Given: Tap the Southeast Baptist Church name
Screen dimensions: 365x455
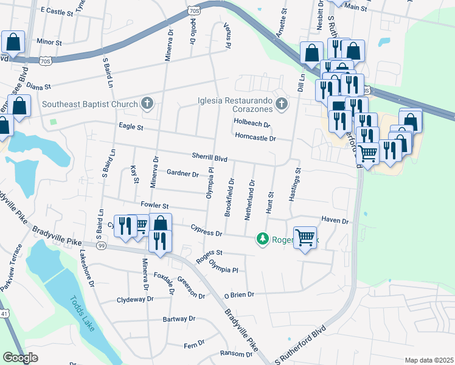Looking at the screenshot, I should pos(90,104).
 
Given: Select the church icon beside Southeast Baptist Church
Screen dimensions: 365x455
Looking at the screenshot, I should pos(147,104).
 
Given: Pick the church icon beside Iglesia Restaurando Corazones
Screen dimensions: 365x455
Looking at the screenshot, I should pos(280,104).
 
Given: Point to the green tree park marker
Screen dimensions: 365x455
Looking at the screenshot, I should pos(263,238).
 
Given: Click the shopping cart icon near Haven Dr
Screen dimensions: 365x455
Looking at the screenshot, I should pos(305,237).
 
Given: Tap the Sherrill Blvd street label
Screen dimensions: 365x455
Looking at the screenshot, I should pos(209,158).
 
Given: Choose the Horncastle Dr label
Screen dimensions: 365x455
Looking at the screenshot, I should pos(255,138).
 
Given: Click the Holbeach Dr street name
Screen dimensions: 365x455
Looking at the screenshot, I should pos(252,123).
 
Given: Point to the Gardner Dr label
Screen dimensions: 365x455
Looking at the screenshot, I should pos(182,174).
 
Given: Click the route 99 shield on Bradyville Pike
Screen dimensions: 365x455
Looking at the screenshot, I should pos(101,245).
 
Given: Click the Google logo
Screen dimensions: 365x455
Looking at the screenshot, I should pos(20,358).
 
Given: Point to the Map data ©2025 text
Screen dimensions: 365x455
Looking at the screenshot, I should pos(429,360).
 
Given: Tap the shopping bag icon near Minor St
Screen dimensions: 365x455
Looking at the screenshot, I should pos(13,43).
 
